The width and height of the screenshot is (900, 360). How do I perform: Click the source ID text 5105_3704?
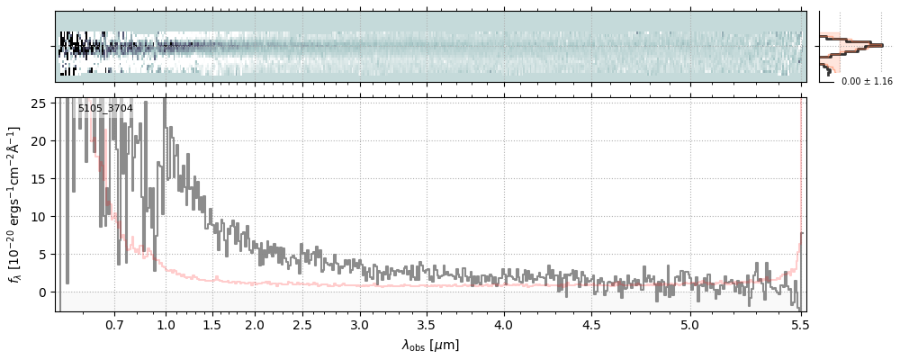(x=105, y=109)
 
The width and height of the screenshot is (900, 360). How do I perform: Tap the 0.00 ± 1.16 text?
(x=867, y=82)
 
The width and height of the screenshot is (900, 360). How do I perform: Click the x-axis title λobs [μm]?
(x=430, y=345)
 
